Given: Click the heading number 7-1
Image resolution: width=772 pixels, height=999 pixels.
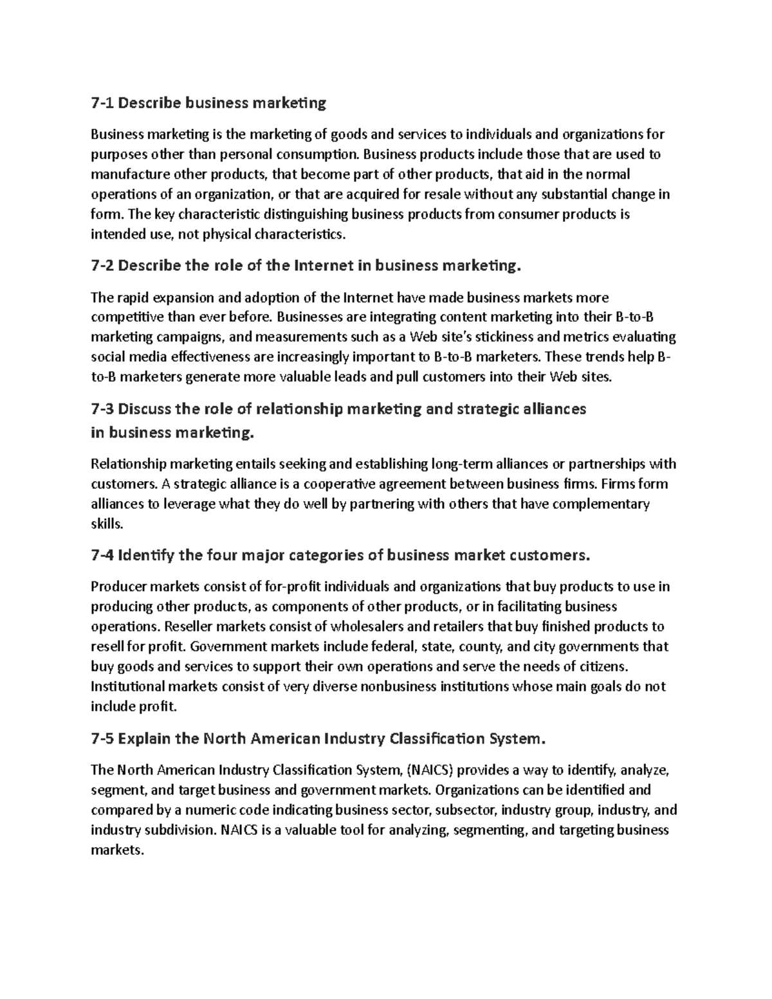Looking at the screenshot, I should click(102, 103).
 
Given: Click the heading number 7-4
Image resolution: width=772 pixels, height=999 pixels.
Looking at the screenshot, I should click(103, 555).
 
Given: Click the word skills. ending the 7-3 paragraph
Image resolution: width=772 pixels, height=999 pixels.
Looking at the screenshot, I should click(106, 524).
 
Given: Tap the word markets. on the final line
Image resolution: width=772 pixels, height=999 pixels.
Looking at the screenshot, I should click(116, 850).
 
